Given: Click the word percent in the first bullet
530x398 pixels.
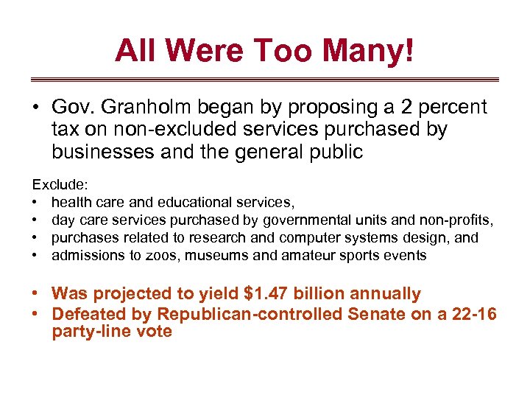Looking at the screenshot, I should click(x=452, y=108).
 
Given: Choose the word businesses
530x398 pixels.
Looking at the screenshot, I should click(x=97, y=152).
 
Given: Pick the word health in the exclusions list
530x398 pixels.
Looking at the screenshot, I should click(x=72, y=203).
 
